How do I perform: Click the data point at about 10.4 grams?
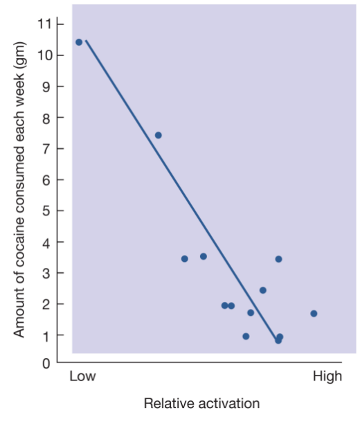(x=79, y=42)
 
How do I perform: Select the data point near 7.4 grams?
(x=158, y=135)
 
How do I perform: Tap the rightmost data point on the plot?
(x=314, y=313)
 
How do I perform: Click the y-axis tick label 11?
(x=45, y=24)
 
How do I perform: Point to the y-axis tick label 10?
(x=45, y=55)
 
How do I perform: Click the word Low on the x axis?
(x=83, y=377)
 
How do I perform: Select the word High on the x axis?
(x=327, y=377)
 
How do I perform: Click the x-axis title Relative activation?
(x=201, y=403)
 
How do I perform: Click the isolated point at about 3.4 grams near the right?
(x=278, y=259)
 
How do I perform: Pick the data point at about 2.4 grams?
(x=262, y=290)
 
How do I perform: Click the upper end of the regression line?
(x=86, y=41)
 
